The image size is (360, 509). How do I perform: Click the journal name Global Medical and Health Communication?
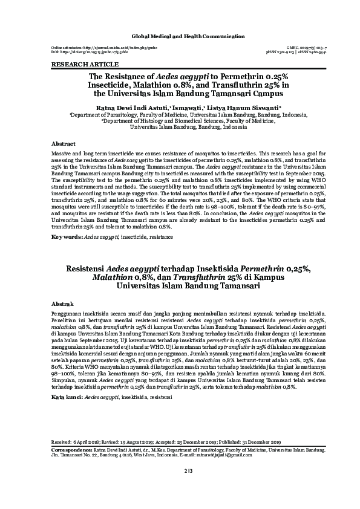pos(180,37)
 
